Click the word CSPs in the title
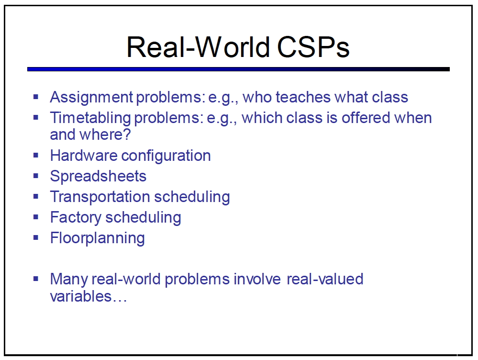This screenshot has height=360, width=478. [313, 47]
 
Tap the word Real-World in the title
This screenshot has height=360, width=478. [198, 47]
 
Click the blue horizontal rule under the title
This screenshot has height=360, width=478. [238, 69]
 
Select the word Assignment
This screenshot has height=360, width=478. [91, 98]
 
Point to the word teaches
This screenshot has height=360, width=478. [303, 97]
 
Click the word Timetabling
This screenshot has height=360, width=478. [90, 118]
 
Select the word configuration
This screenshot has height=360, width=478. [166, 156]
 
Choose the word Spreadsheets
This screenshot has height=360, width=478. [98, 176]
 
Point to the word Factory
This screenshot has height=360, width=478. [76, 218]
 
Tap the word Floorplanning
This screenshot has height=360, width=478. [98, 238]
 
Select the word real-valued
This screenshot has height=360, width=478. [325, 279]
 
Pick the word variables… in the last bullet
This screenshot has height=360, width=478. [89, 296]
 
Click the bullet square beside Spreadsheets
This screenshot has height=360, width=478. [36, 176]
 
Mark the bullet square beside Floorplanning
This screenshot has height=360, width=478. [36, 237]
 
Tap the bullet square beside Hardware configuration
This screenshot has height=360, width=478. [36, 155]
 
